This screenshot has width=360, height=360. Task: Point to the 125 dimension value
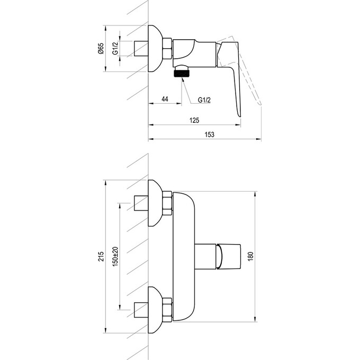pos(194,120)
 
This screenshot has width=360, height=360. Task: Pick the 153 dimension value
pos(209,135)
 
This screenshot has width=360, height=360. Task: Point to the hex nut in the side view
pos(166,49)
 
